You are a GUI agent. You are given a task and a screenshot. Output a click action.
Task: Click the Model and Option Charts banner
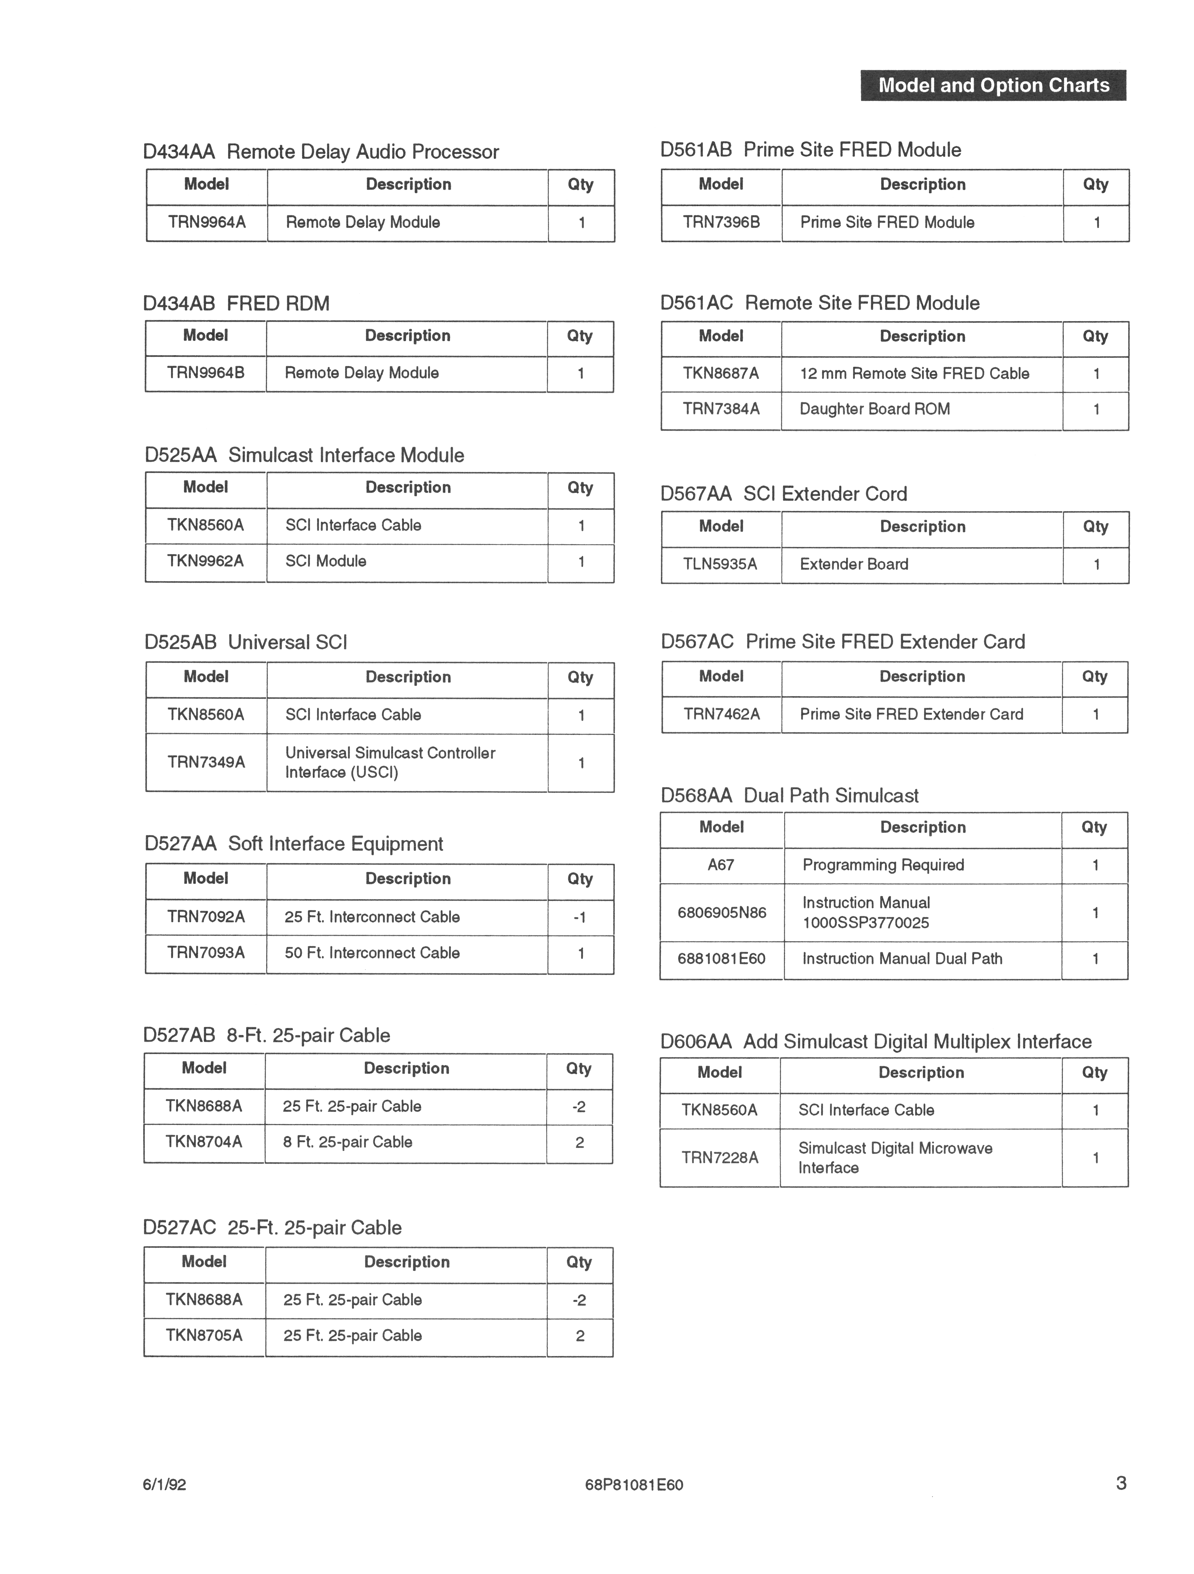pyautogui.click(x=993, y=85)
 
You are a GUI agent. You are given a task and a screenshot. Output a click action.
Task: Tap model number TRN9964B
pyautogui.click(x=206, y=373)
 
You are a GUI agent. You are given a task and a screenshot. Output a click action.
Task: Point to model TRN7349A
pyautogui.click(x=206, y=762)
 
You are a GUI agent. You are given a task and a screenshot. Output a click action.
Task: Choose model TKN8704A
pyautogui.click(x=204, y=1142)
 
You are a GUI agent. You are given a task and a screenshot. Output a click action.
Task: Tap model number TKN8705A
pyautogui.click(x=204, y=1336)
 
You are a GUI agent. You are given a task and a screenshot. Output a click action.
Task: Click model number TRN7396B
pyautogui.click(x=721, y=222)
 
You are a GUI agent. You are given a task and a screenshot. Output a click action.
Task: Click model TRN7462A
pyautogui.click(x=721, y=714)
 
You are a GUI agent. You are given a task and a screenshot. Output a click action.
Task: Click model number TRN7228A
pyautogui.click(x=720, y=1158)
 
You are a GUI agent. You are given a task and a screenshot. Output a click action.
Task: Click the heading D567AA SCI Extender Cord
pyautogui.click(x=783, y=494)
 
